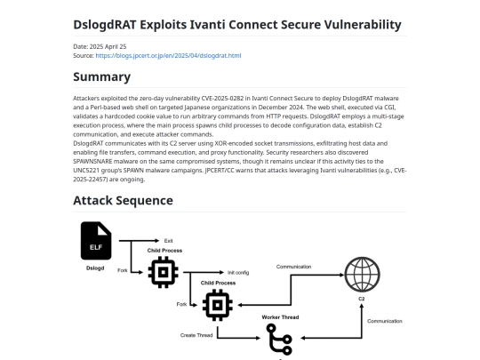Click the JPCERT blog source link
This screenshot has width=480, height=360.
pyautogui.click(x=168, y=56)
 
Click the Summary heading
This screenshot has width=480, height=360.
pyautogui.click(x=102, y=76)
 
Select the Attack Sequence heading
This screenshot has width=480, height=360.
pyautogui.click(x=123, y=201)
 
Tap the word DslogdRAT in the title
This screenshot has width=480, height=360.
pyautogui.click(x=105, y=25)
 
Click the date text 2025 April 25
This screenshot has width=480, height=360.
pyautogui.click(x=108, y=46)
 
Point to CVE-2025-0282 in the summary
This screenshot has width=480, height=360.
pyautogui.click(x=222, y=99)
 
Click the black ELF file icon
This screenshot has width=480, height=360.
pyautogui.click(x=96, y=241)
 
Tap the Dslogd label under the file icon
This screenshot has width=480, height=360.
pyautogui.click(x=95, y=268)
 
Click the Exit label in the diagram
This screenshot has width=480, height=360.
pyautogui.click(x=168, y=241)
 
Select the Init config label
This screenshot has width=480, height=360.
pyautogui.click(x=238, y=273)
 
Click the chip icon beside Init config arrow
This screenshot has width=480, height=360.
pyautogui.click(x=164, y=272)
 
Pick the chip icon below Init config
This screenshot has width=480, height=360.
pyautogui.click(x=218, y=305)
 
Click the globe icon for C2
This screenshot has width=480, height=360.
pyautogui.click(x=362, y=275)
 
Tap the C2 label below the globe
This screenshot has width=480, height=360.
pyautogui.click(x=362, y=299)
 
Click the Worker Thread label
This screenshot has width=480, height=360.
pyautogui.click(x=280, y=317)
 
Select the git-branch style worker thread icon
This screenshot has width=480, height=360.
pyautogui.click(x=279, y=340)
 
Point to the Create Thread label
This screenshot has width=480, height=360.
pyautogui.click(x=196, y=335)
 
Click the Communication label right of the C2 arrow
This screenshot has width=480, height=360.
pyautogui.click(x=385, y=321)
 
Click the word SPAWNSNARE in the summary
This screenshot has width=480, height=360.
pyautogui.click(x=92, y=161)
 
